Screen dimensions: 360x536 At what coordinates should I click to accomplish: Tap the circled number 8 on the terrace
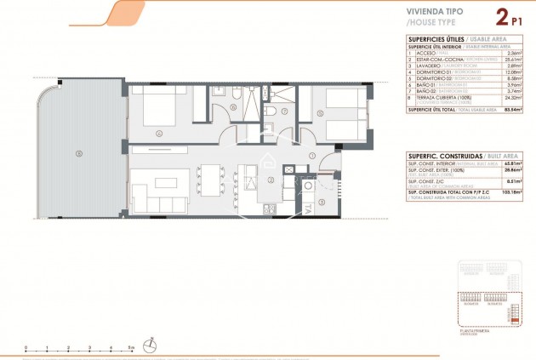[x=78, y=153]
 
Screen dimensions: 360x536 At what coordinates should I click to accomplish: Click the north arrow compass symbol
[x=151, y=345]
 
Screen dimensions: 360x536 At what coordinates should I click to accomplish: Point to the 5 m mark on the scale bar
[x=131, y=348]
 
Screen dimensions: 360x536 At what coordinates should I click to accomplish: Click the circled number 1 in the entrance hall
[x=312, y=157]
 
